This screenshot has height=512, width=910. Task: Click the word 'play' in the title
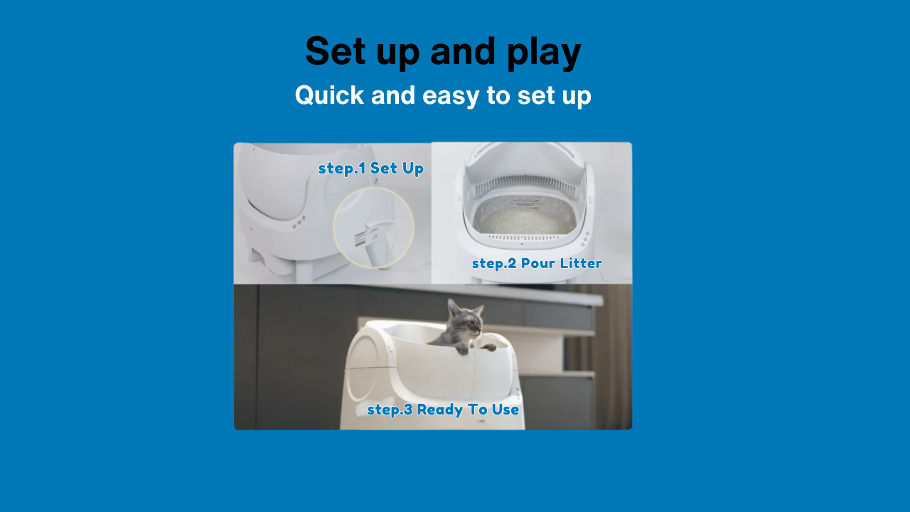(544, 53)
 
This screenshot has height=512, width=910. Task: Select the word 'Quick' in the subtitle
(329, 95)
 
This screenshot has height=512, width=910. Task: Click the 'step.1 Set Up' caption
(371, 169)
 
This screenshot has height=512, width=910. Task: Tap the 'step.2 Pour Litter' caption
(537, 263)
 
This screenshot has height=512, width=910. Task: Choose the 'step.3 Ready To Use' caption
(443, 410)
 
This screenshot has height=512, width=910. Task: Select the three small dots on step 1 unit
(299, 222)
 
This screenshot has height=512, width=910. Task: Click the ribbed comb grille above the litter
(525, 186)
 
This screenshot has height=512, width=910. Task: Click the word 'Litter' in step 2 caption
(581, 263)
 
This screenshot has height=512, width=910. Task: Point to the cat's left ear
(451, 306)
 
